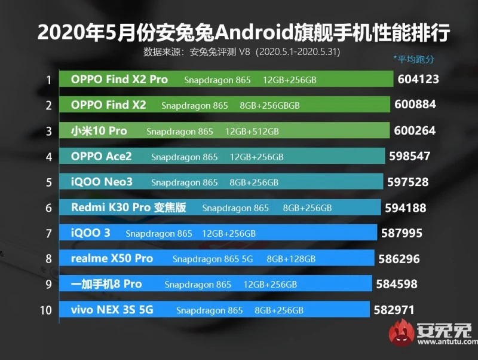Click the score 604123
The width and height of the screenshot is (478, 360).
[417, 79]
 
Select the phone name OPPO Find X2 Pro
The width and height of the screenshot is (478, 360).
[119, 80]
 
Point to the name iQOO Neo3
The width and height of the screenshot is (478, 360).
[102, 182]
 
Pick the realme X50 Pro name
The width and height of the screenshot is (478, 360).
[112, 258]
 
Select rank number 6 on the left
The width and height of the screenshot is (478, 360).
[47, 208]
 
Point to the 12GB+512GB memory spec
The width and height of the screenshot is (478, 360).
[252, 131]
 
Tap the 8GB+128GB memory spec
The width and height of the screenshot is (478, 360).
[291, 259]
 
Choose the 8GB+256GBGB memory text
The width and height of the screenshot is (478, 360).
[269, 105]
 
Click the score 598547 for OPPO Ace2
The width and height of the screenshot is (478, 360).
[409, 156]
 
